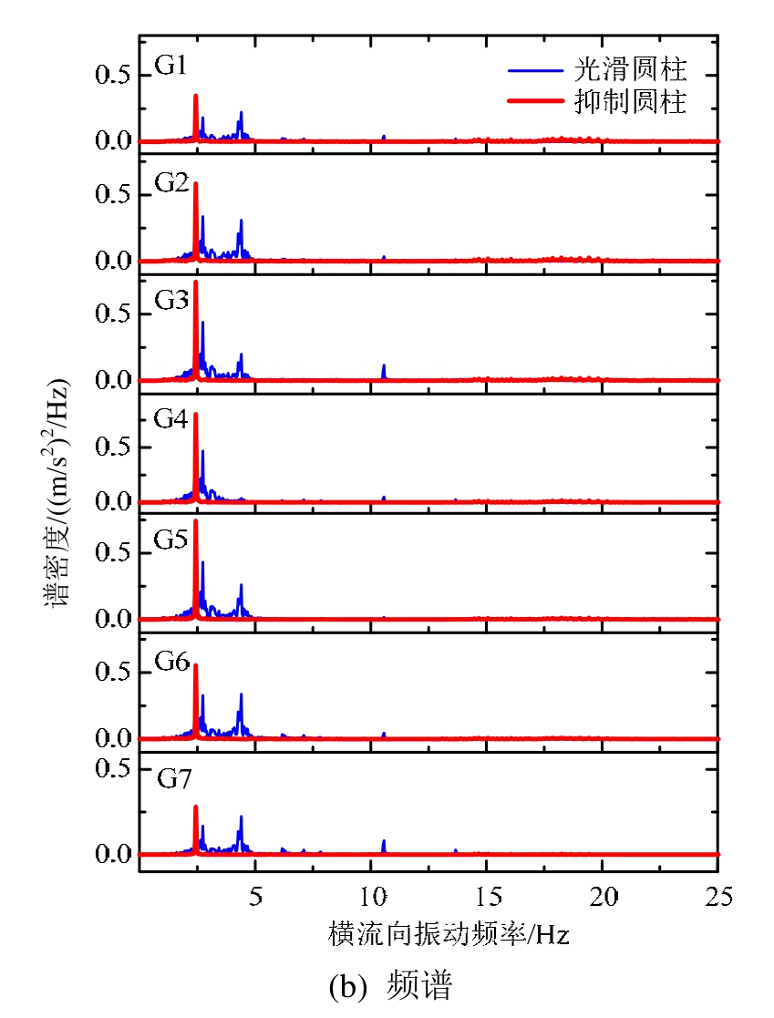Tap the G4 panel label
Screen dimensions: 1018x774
pyautogui.click(x=171, y=421)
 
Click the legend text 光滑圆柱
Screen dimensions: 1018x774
pyautogui.click(x=630, y=70)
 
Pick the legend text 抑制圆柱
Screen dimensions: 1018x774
pyautogui.click(x=630, y=102)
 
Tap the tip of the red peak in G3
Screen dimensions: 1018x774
pyautogui.click(x=196, y=282)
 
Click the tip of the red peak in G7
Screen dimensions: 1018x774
pyautogui.click(x=196, y=807)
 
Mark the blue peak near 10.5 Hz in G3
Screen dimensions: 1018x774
pyautogui.click(x=384, y=365)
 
